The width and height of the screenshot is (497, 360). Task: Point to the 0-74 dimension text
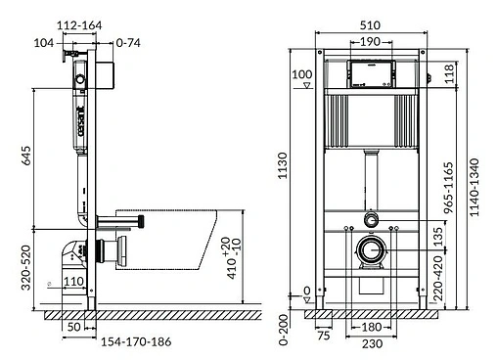[128, 43]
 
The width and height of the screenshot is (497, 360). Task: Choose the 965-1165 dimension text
[450, 192]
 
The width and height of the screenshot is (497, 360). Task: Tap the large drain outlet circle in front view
[371, 250]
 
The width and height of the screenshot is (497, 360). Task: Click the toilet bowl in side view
[186, 240]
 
